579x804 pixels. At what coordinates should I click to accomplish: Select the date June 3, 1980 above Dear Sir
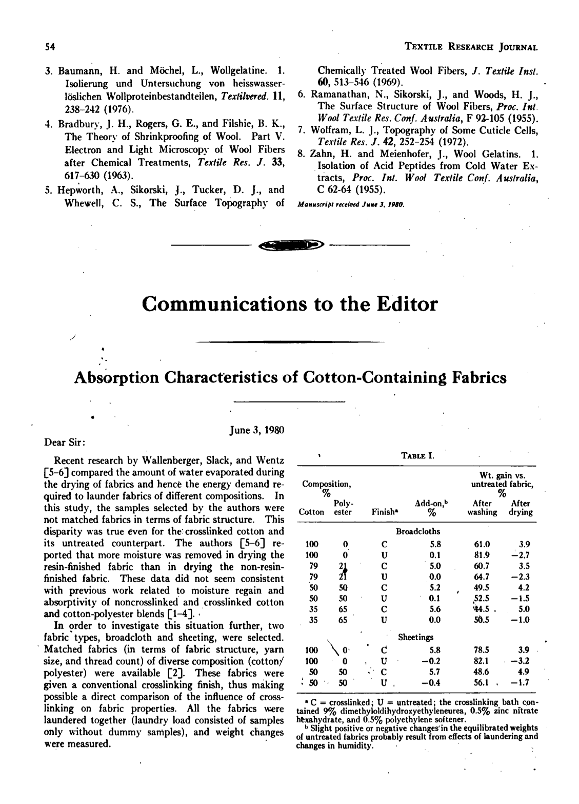[x=254, y=430]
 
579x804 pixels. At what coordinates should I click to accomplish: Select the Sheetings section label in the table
[x=416, y=637]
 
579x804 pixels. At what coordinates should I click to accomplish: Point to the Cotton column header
[x=311, y=512]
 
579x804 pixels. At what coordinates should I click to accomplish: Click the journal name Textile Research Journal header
[x=471, y=47]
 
